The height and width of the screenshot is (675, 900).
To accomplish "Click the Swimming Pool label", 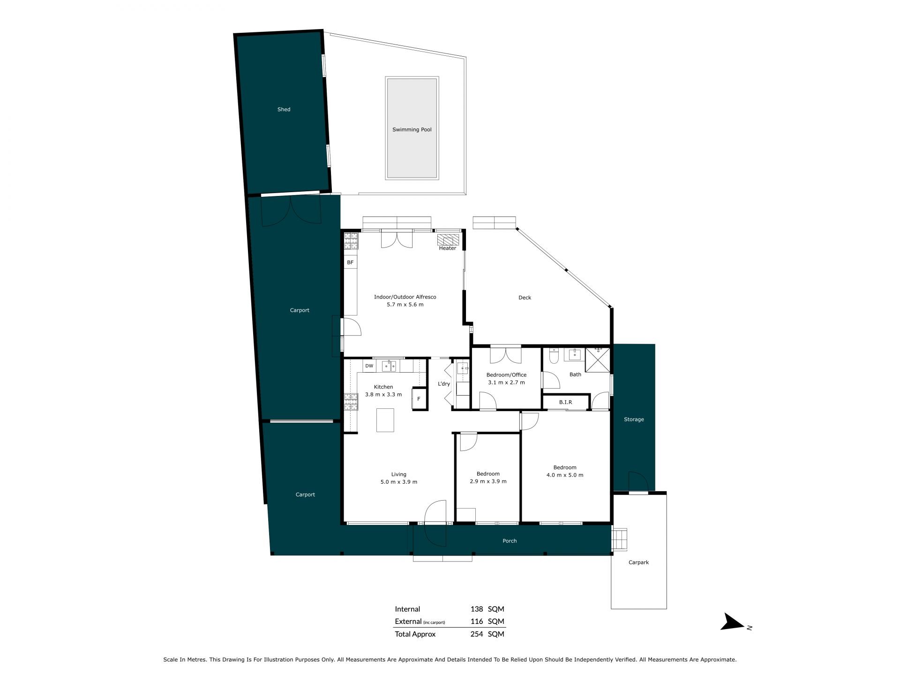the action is click(x=412, y=129).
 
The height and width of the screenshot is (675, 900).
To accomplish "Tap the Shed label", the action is click(x=284, y=109).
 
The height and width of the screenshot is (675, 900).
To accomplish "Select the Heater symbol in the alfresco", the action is click(x=448, y=240).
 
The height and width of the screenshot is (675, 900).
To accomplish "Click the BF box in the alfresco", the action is click(x=350, y=262).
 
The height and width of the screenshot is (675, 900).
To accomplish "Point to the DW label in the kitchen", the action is click(x=369, y=366).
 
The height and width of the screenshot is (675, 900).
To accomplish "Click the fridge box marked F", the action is click(x=419, y=399).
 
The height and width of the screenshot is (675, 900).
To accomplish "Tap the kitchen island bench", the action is click(x=385, y=420).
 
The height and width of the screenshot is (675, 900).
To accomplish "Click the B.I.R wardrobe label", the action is click(x=565, y=402).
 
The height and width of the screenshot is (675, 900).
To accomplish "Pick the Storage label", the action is click(x=634, y=420).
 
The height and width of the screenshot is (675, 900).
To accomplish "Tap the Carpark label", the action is click(x=638, y=562).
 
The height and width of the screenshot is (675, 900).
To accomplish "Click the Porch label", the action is click(x=510, y=541).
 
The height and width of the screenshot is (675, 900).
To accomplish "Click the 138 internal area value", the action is click(x=477, y=609).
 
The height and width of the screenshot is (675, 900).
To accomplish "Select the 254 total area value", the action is click(x=477, y=634).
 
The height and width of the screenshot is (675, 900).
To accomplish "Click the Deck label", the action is click(x=525, y=298).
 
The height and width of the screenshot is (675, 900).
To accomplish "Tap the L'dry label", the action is click(x=444, y=384).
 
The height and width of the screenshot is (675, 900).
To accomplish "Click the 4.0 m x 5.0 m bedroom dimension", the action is click(x=565, y=475).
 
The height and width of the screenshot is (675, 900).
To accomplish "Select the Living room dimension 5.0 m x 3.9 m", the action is click(x=399, y=482).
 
